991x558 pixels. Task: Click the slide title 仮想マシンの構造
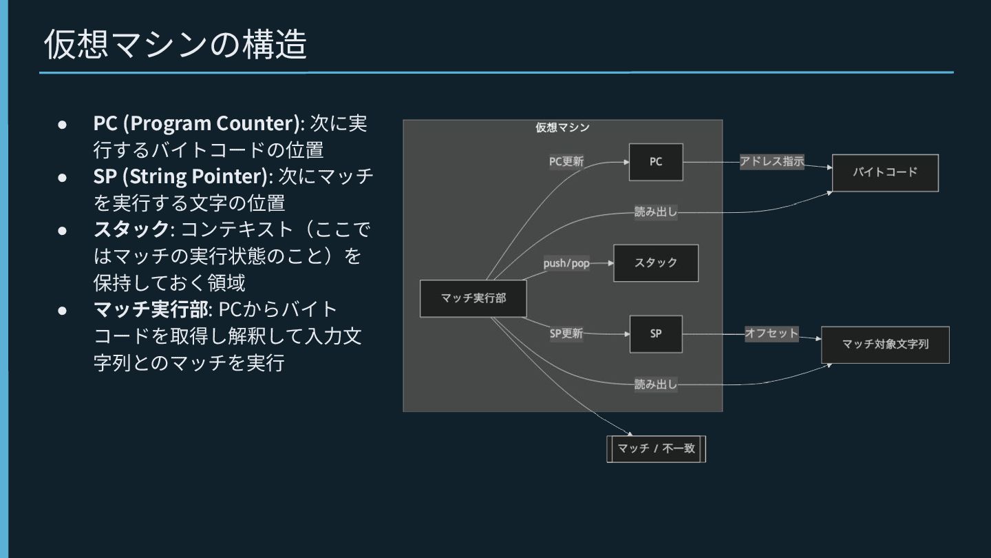(175, 45)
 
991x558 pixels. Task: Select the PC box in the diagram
(656, 162)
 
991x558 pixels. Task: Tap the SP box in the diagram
(656, 334)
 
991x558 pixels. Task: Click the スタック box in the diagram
(656, 263)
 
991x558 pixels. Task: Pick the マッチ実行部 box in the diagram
(473, 299)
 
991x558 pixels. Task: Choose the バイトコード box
(885, 173)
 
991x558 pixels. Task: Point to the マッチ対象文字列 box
(885, 344)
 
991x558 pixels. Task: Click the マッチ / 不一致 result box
(656, 449)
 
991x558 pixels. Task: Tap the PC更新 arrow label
(566, 162)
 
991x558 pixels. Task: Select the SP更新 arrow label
(566, 334)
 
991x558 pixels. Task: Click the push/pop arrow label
(566, 264)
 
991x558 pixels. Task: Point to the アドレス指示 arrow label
(771, 162)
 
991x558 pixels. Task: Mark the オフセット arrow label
(771, 334)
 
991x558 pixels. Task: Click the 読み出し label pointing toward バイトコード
(655, 212)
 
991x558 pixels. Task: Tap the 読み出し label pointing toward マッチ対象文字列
(655, 385)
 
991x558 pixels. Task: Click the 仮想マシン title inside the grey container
(562, 127)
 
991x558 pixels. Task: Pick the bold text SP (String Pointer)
(180, 176)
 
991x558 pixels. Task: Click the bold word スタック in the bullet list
(131, 229)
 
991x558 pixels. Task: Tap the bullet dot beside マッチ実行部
(62, 310)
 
